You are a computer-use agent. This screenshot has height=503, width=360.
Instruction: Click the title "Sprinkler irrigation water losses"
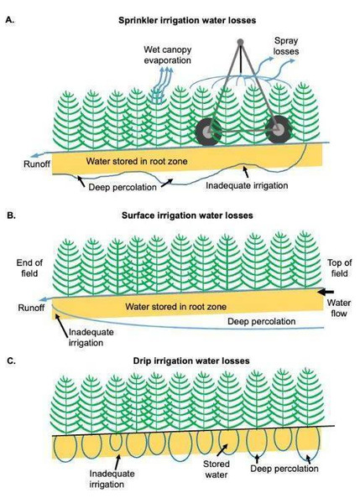(187, 20)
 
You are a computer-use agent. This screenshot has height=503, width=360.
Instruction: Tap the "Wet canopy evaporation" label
(167, 54)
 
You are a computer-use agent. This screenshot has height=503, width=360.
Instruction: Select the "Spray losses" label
(286, 46)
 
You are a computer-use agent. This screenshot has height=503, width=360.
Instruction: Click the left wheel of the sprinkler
(208, 131)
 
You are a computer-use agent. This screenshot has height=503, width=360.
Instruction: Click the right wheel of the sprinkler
(279, 130)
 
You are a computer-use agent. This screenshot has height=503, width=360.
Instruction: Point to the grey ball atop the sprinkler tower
(240, 42)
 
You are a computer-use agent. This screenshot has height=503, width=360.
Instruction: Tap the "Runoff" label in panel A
(37, 164)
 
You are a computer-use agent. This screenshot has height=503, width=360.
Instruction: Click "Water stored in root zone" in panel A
(137, 161)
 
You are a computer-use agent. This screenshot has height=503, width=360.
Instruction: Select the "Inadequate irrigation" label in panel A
(247, 185)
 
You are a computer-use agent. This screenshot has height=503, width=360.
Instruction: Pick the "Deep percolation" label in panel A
(123, 187)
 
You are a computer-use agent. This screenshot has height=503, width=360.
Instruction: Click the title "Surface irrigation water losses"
(187, 215)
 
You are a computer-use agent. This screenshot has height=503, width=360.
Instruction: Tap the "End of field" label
(29, 268)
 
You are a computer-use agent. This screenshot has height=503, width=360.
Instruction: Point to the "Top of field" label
(340, 268)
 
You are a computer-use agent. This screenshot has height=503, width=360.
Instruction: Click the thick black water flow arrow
(326, 292)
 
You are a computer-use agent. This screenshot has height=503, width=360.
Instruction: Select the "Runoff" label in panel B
(31, 308)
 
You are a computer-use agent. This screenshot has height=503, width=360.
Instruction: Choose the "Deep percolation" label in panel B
(262, 321)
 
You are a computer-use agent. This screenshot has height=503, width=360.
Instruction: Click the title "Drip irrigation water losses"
(191, 360)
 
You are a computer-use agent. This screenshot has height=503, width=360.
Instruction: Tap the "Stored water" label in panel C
(217, 469)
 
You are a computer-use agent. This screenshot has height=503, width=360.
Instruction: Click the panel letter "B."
(11, 215)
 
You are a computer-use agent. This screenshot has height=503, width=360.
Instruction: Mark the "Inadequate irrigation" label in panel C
(107, 479)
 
